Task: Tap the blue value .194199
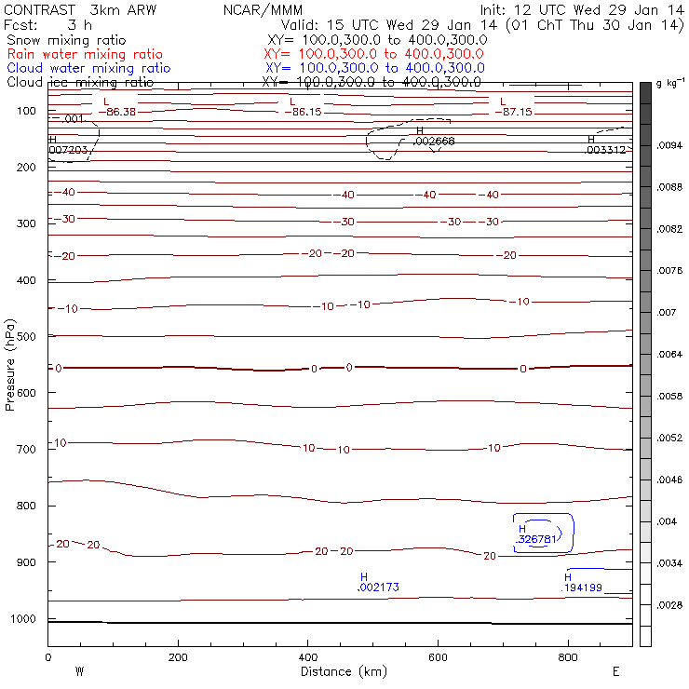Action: pos(582,588)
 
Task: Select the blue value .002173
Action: pos(379,588)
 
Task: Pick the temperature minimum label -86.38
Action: pos(121,112)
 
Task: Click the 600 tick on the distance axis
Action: pos(568,657)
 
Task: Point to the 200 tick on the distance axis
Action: pos(178,657)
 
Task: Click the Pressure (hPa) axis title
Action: pos(10,365)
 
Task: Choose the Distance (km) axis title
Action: pos(339,671)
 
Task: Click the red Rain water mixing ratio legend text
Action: pos(84,54)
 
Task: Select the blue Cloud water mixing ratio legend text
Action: pos(88,68)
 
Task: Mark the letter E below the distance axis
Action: pos(615,671)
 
